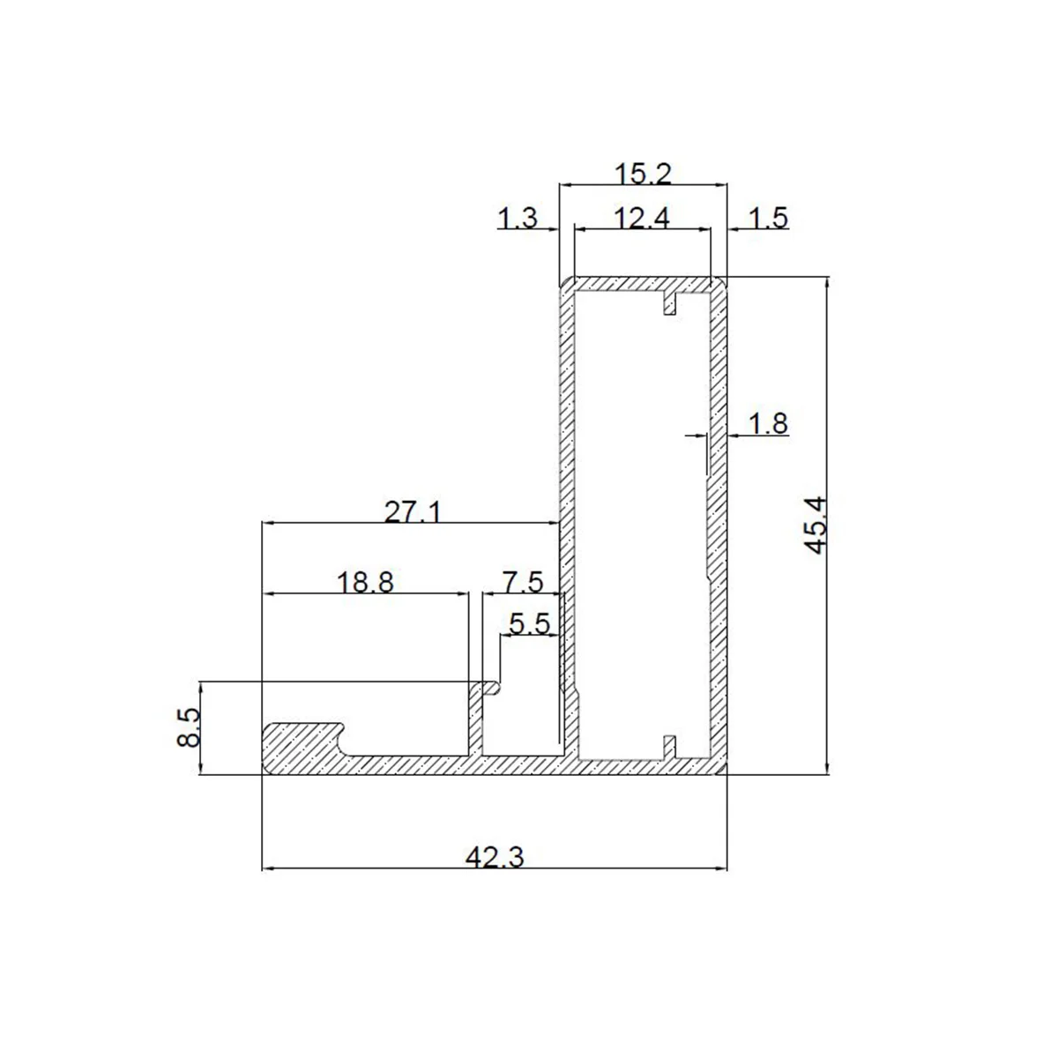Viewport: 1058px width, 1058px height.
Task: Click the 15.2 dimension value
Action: tap(643, 175)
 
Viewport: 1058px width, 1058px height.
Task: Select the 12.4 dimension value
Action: tap(641, 219)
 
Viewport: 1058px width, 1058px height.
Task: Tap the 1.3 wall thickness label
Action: tap(518, 218)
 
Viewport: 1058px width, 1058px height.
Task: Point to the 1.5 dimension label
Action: tap(768, 218)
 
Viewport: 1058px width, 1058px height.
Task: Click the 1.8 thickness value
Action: tap(768, 424)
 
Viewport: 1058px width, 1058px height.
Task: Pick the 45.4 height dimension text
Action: tap(816, 525)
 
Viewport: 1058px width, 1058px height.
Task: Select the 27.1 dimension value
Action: tap(413, 513)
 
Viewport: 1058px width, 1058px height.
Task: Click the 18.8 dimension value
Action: tap(365, 583)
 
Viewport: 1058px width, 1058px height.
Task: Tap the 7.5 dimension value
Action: tap(523, 583)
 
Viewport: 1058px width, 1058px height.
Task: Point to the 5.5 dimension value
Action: tap(530, 624)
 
